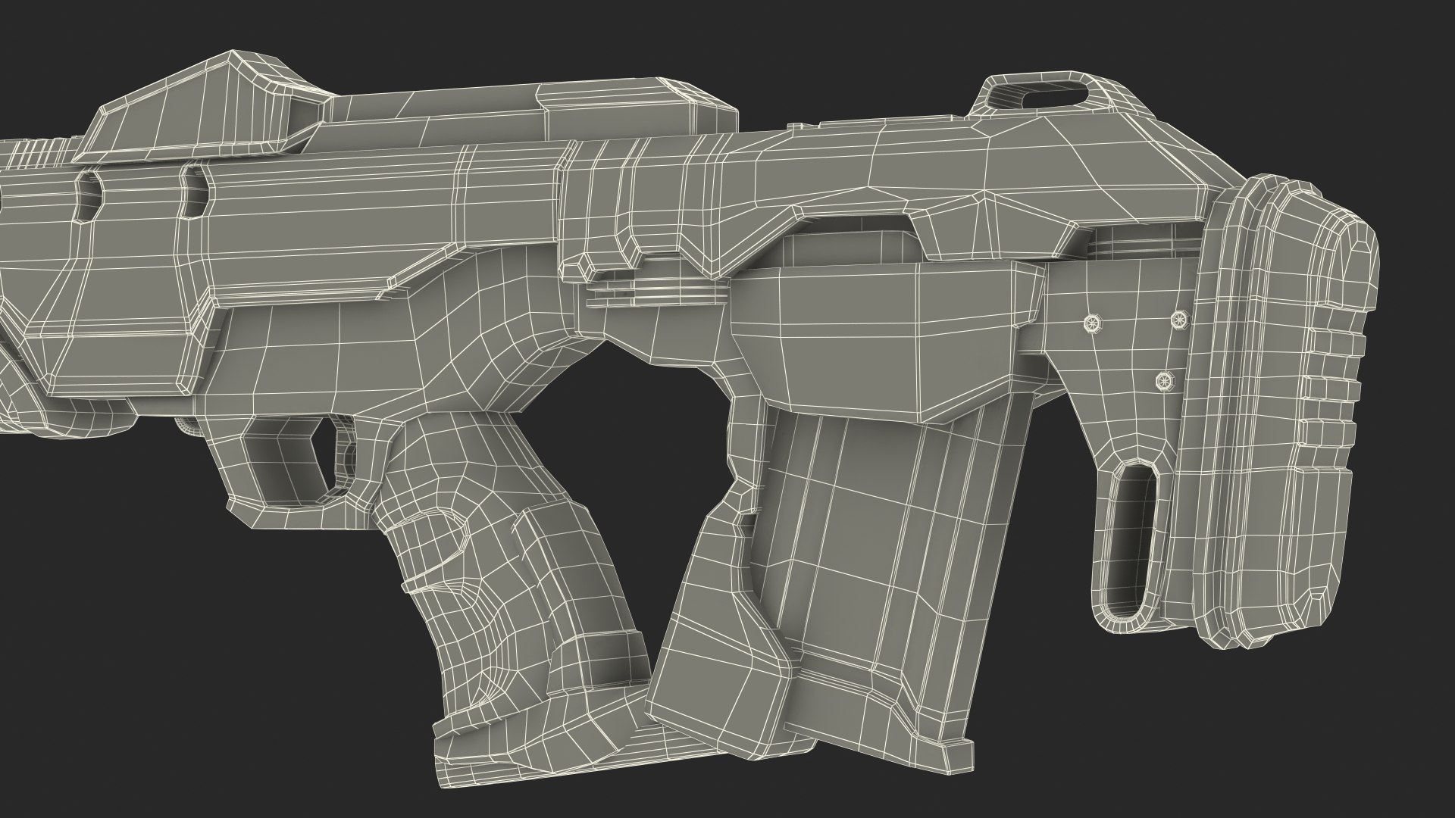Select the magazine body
pos(871,515)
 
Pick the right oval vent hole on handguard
pos(193,192)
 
